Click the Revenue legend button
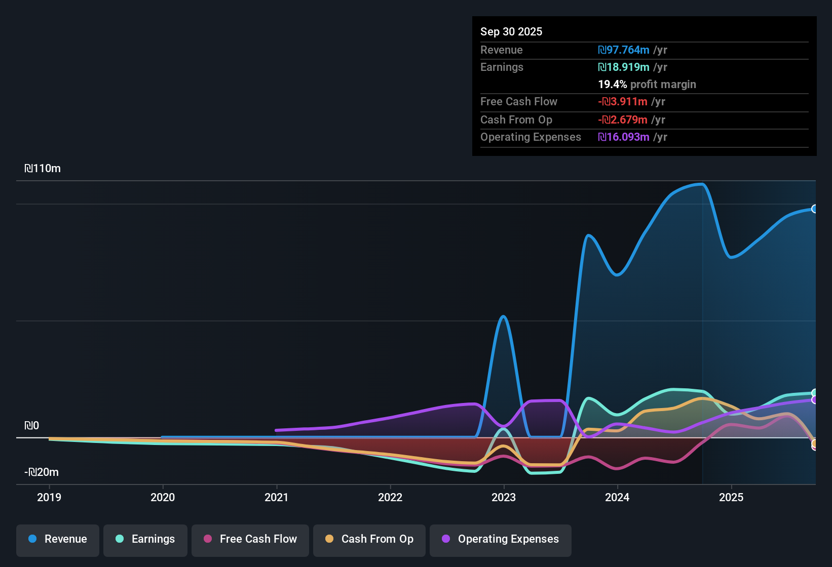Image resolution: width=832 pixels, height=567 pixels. [x=58, y=539]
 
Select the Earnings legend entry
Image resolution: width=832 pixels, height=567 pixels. [x=145, y=539]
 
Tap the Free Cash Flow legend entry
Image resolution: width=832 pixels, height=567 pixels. [x=250, y=539]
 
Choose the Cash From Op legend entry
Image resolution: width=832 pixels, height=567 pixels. [x=369, y=539]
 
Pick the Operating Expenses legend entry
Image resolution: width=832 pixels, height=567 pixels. [x=501, y=539]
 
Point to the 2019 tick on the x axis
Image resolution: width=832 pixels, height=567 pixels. [x=49, y=497]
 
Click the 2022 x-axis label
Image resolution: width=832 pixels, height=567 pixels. [x=390, y=497]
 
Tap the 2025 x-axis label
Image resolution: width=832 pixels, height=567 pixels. [x=731, y=497]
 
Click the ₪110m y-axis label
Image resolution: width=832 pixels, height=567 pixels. [x=43, y=169]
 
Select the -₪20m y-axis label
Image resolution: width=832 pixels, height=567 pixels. [x=42, y=472]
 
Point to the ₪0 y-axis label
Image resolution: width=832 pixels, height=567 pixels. [x=31, y=426]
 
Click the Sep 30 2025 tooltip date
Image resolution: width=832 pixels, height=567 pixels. [x=511, y=32]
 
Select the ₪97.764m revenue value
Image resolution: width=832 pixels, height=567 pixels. [x=624, y=50]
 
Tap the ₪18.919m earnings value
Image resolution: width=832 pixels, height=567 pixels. [x=624, y=67]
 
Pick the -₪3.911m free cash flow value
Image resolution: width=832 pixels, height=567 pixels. [x=623, y=102]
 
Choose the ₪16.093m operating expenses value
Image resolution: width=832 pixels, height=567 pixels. [x=624, y=137]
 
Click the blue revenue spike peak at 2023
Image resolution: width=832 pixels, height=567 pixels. [x=503, y=316]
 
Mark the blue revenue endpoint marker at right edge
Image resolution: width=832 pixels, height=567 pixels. [x=814, y=209]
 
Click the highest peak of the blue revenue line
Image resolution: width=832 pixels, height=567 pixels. [x=702, y=184]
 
